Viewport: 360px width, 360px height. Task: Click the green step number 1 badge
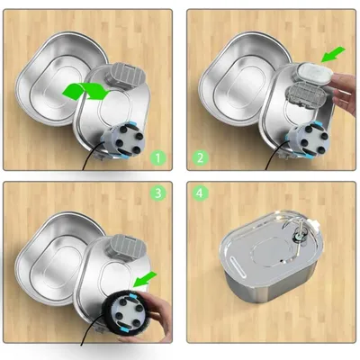158,157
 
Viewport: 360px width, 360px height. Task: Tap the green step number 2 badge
200,157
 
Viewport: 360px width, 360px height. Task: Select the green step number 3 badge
158,193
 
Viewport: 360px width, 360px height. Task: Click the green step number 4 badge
200,193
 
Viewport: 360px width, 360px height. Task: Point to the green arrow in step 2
333,54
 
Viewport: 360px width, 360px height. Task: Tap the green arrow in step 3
145,279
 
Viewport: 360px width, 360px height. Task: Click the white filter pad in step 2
316,72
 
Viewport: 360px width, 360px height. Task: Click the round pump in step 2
309,140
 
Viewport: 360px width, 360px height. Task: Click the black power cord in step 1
92,157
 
